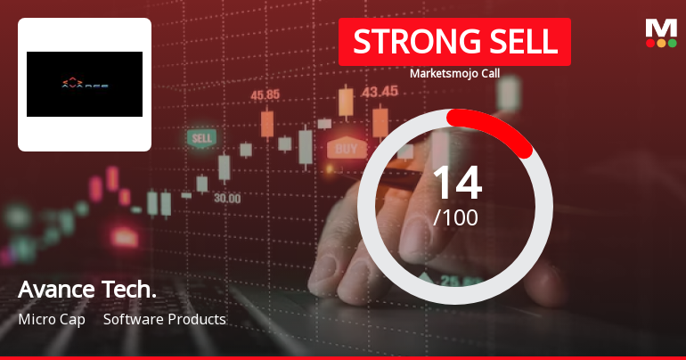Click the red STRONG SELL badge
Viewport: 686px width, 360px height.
pos(454,42)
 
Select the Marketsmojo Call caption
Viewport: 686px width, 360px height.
pos(454,73)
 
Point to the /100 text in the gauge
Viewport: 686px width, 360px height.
pos(455,217)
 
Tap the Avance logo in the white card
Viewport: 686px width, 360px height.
pos(85,85)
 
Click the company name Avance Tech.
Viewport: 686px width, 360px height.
pos(87,290)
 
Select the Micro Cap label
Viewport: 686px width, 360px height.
pos(52,319)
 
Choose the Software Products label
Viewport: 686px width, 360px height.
pos(165,319)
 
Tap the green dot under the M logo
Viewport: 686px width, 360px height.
pos(672,43)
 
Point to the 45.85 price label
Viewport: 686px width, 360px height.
pos(265,94)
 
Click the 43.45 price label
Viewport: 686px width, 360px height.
pos(380,91)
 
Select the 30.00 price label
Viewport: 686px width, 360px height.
pos(226,198)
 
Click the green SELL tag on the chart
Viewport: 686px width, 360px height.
pos(202,139)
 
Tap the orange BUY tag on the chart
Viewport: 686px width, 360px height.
pos(347,149)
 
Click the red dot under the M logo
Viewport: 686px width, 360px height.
pos(650,43)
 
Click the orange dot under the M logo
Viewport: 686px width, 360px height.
pos(661,43)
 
